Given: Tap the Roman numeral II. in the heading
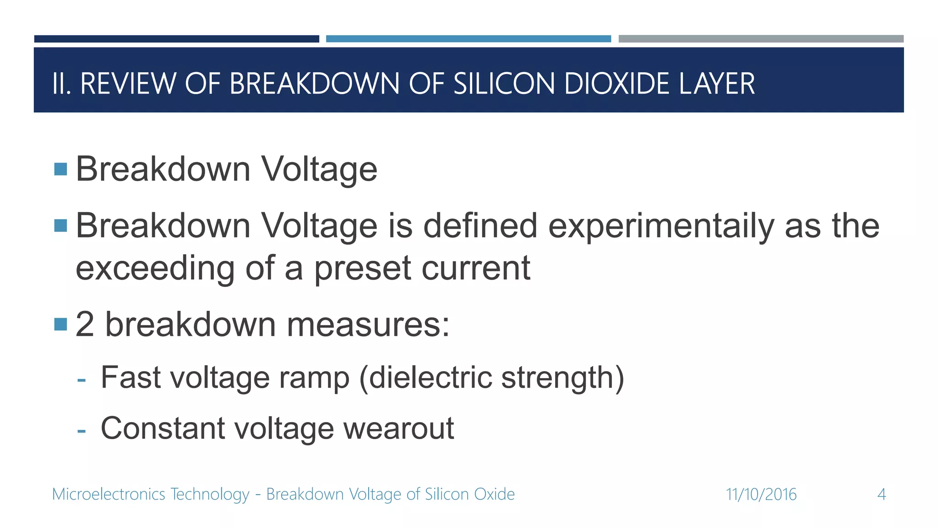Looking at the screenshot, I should (x=61, y=84).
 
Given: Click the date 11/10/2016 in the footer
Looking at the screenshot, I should (x=761, y=495).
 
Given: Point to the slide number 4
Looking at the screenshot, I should (x=881, y=495).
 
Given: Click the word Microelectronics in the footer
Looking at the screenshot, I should (x=109, y=495).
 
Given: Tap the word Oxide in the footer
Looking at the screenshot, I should (x=494, y=495).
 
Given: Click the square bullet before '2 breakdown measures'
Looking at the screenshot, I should (x=60, y=324).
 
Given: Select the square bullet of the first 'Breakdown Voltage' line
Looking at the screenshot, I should (x=60, y=169).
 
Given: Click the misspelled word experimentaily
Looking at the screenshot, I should (x=661, y=226).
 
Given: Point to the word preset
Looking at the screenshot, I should (x=362, y=269).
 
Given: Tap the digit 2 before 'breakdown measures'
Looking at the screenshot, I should (x=85, y=324).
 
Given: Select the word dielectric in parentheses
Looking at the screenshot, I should (x=430, y=377).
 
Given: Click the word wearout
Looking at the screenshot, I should (x=398, y=429).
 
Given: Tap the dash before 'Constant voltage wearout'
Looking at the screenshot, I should (x=82, y=431).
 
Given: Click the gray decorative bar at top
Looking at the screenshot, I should (x=761, y=39).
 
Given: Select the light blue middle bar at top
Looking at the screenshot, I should (x=468, y=39).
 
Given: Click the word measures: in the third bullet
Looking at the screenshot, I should (x=368, y=324).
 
